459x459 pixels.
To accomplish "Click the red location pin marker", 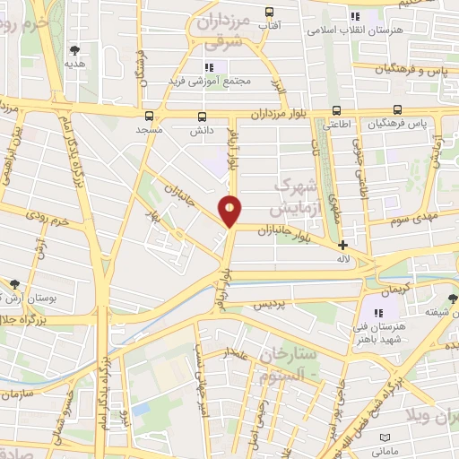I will click(230, 210).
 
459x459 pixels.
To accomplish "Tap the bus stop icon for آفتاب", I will click(268, 13).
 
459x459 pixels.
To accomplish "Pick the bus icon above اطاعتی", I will click(336, 110).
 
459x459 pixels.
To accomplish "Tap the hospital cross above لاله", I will click(342, 244).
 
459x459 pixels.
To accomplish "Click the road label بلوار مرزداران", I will click(285, 114).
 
